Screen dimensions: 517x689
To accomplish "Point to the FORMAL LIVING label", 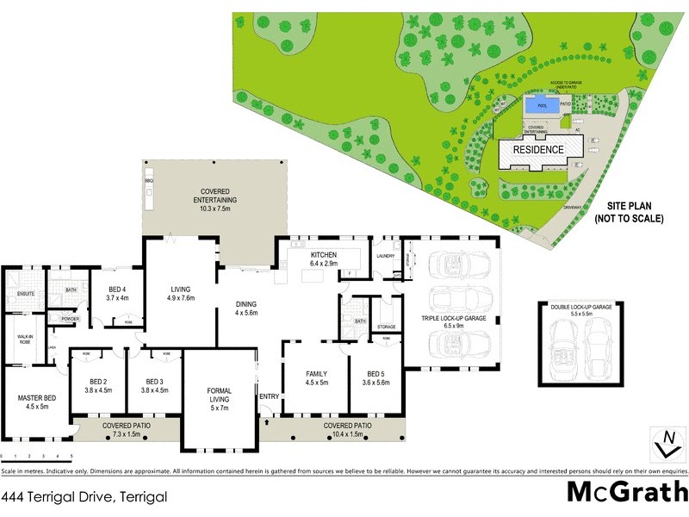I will (x=219, y=395).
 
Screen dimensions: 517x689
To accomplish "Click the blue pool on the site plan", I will (x=542, y=105).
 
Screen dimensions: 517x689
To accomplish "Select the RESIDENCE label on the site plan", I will (x=538, y=150).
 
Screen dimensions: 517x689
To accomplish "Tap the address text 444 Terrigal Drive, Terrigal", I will (x=83, y=497).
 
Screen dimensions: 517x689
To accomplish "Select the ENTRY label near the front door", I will (x=269, y=397).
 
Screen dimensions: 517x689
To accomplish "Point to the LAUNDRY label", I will (x=384, y=256).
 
